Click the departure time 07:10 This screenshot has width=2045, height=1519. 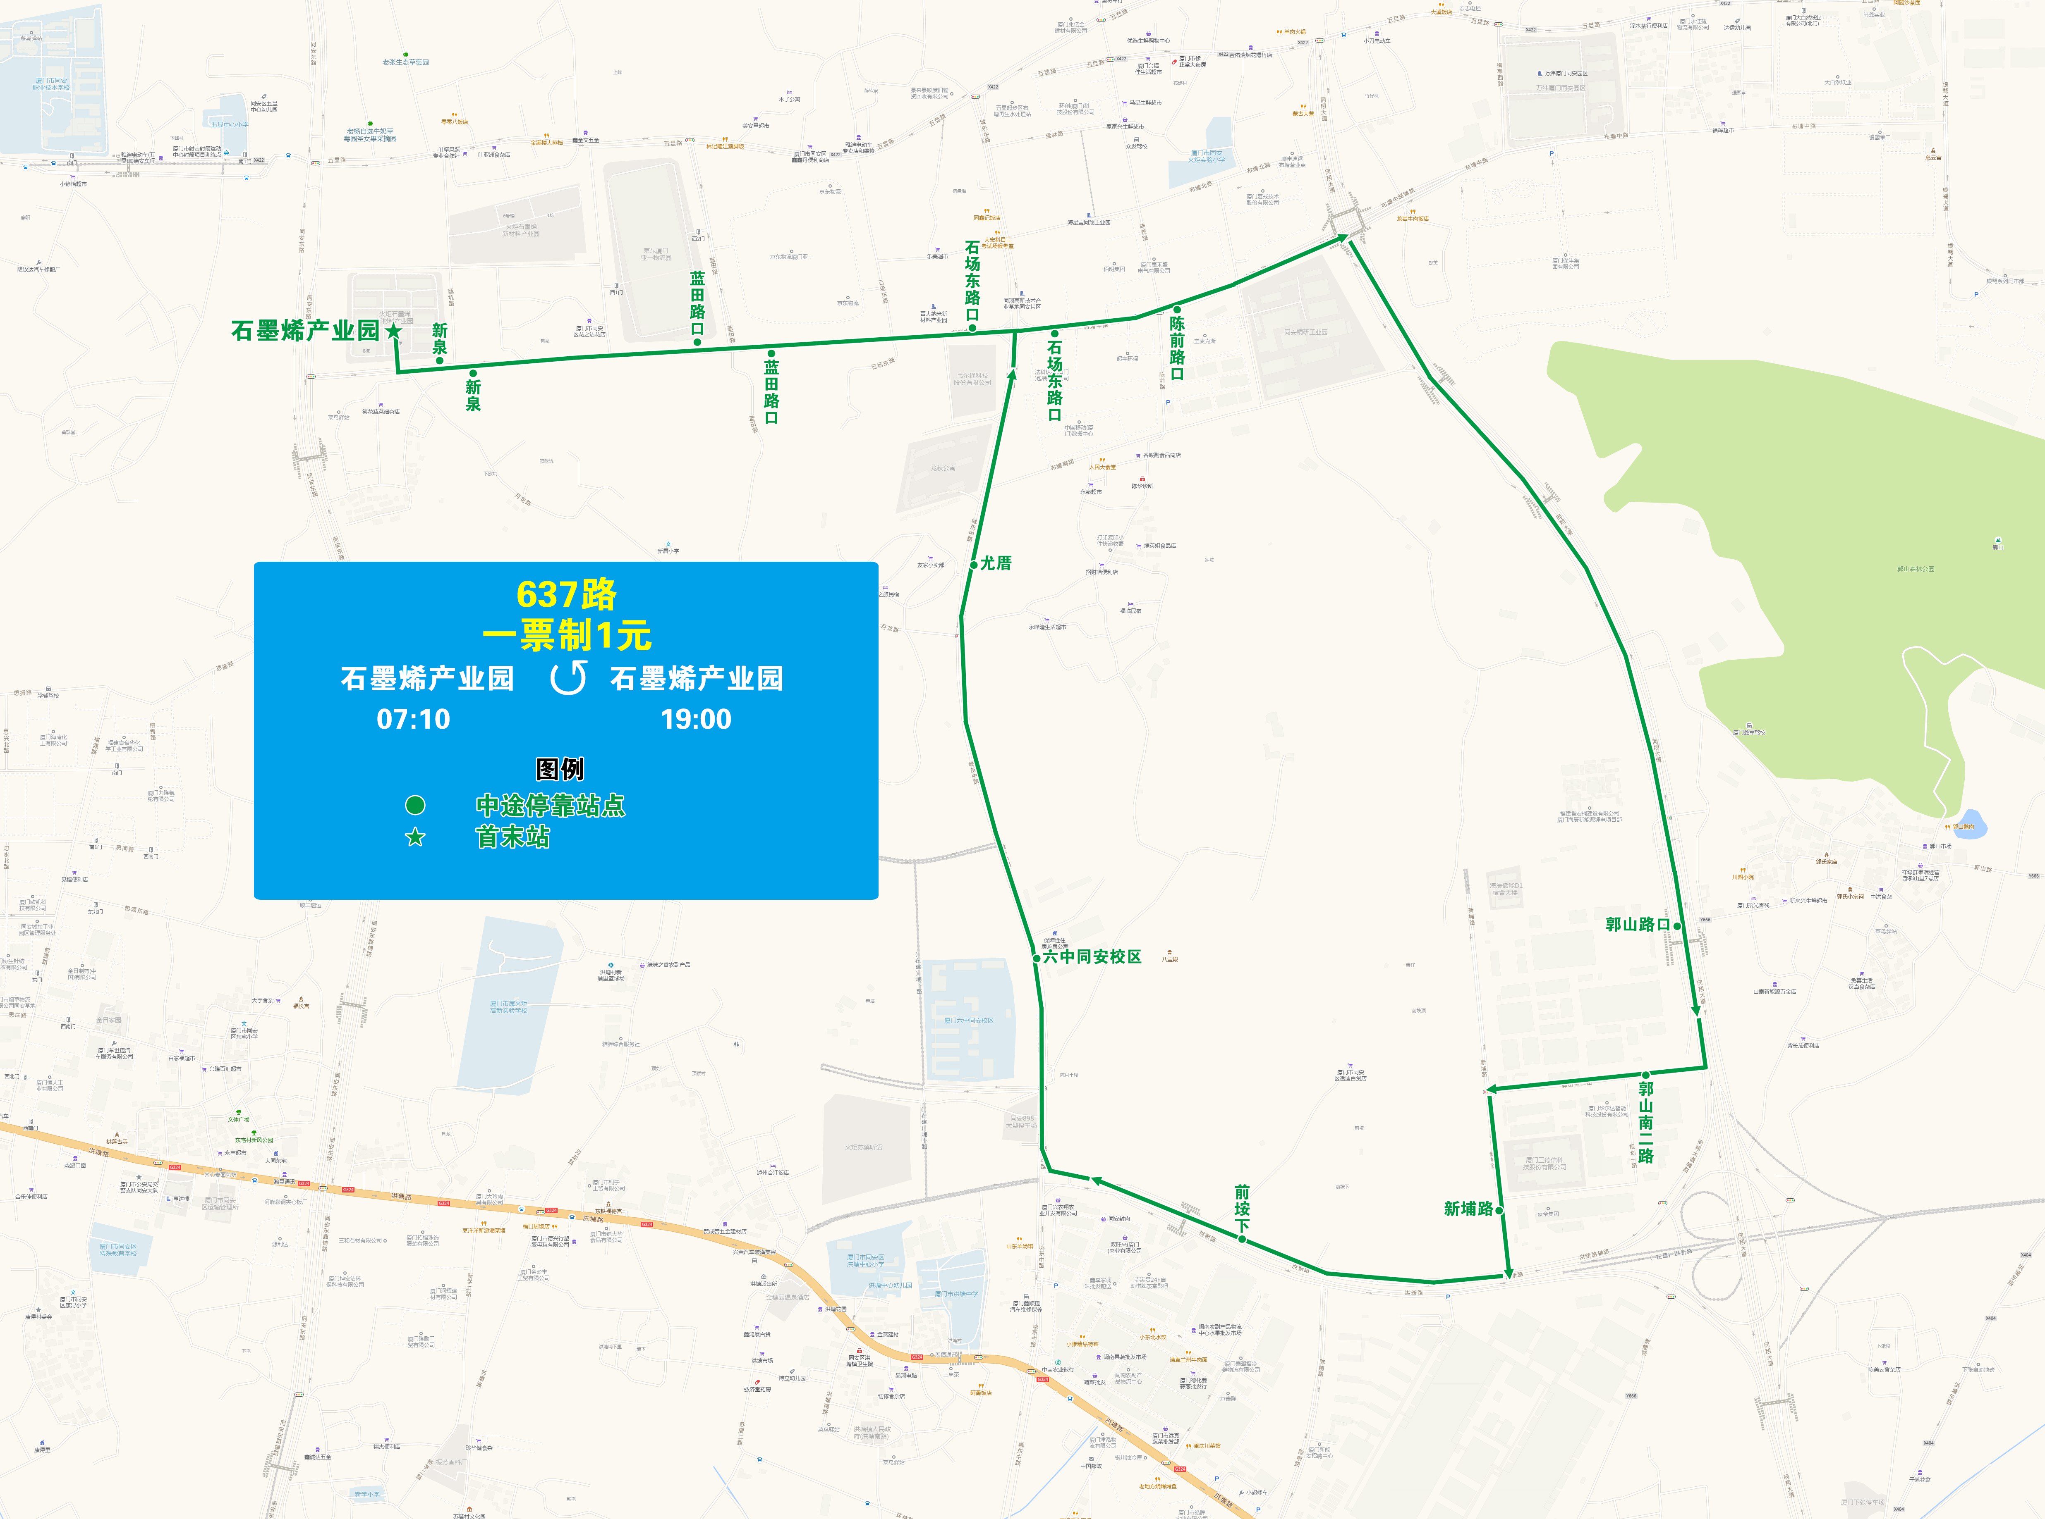click(x=413, y=719)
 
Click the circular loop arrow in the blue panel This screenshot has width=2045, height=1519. click(x=568, y=678)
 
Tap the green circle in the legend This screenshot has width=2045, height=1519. click(x=416, y=806)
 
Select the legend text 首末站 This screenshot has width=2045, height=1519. click(x=512, y=837)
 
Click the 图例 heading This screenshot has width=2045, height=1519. click(x=560, y=769)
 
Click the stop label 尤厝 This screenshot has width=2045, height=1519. click(x=996, y=563)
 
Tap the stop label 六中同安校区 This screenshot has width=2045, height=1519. click(x=1092, y=956)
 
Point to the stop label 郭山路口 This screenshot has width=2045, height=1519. click(x=1638, y=924)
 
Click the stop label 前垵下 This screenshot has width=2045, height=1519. click(x=1242, y=1209)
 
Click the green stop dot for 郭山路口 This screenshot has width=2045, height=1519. click(x=1677, y=926)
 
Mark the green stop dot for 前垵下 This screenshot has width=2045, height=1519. click(x=1242, y=1240)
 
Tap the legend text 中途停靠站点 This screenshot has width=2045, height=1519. click(x=550, y=806)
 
